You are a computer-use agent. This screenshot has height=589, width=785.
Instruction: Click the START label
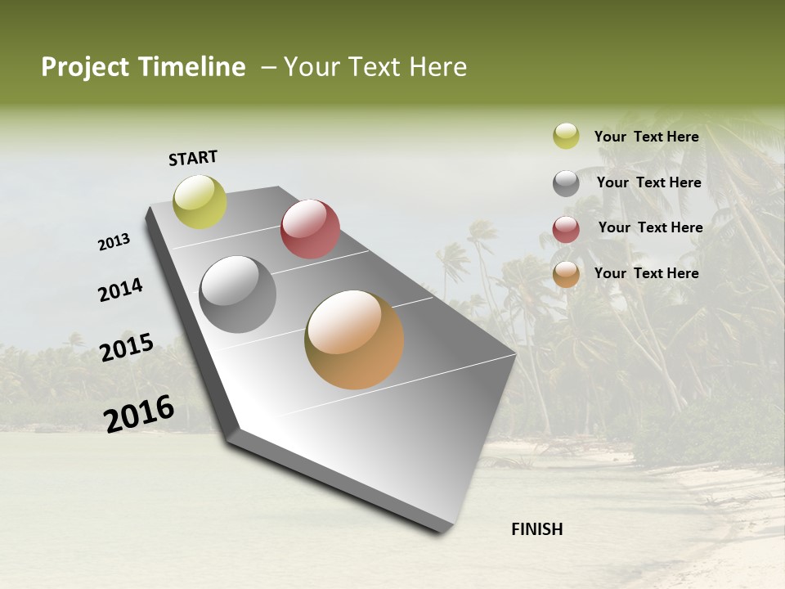point(193,158)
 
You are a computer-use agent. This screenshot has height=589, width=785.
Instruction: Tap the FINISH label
point(537,529)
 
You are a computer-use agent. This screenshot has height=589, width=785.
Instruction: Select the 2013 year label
point(114,242)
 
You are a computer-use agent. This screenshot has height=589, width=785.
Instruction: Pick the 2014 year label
point(121,290)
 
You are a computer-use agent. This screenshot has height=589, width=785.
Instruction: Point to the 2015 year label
point(127,348)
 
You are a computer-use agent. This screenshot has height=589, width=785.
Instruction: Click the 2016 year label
point(139,413)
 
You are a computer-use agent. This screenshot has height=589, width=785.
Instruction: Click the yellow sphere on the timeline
point(200,202)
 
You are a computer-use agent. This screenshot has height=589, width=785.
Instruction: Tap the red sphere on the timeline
point(310,229)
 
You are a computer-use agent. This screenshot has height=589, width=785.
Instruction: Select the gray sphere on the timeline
point(238,294)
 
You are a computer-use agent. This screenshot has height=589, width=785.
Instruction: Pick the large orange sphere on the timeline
point(354,339)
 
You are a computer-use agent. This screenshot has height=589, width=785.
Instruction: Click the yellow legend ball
point(566,136)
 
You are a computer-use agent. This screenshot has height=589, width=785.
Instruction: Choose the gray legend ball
point(566,183)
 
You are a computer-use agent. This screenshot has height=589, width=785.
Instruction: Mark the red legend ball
point(566,229)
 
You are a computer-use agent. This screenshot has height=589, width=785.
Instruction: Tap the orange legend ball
point(566,274)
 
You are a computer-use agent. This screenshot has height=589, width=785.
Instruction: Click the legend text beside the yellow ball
point(647,137)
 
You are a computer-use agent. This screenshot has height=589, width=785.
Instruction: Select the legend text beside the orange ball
point(647,273)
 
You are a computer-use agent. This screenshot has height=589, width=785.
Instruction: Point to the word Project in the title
point(85,67)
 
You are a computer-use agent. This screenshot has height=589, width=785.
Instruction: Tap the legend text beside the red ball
point(650,227)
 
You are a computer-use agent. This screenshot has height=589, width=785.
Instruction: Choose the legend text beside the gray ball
point(649,182)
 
